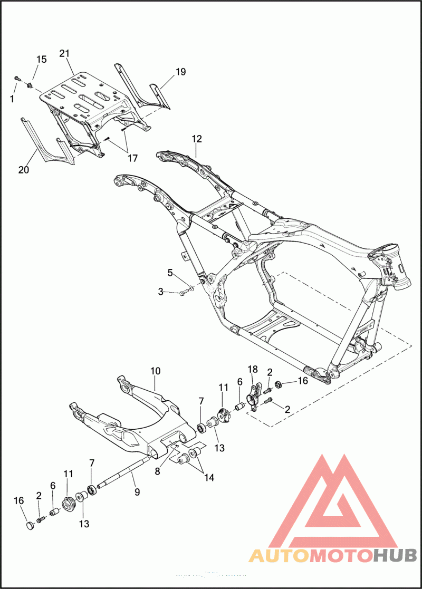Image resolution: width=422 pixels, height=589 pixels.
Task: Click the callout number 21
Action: pyautogui.click(x=64, y=54)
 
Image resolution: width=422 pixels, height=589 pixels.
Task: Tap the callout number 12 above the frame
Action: pyautogui.click(x=197, y=139)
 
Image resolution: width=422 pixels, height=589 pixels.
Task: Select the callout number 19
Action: pyautogui.click(x=180, y=72)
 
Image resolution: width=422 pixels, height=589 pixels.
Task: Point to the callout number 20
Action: pyautogui.click(x=24, y=170)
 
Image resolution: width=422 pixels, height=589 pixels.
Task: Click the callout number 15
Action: pyautogui.click(x=41, y=60)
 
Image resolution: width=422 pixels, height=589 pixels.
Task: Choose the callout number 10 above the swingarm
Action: pyautogui.click(x=155, y=371)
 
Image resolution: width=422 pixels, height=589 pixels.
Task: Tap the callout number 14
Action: pyautogui.click(x=209, y=478)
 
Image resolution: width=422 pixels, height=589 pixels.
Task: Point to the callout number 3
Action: pyautogui.click(x=161, y=291)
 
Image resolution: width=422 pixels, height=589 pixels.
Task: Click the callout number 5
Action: pyautogui.click(x=170, y=273)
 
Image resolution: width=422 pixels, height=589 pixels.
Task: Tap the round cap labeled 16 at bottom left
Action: pyautogui.click(x=30, y=525)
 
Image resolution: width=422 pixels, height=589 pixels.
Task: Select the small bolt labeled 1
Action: pyautogui.click(x=17, y=79)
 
